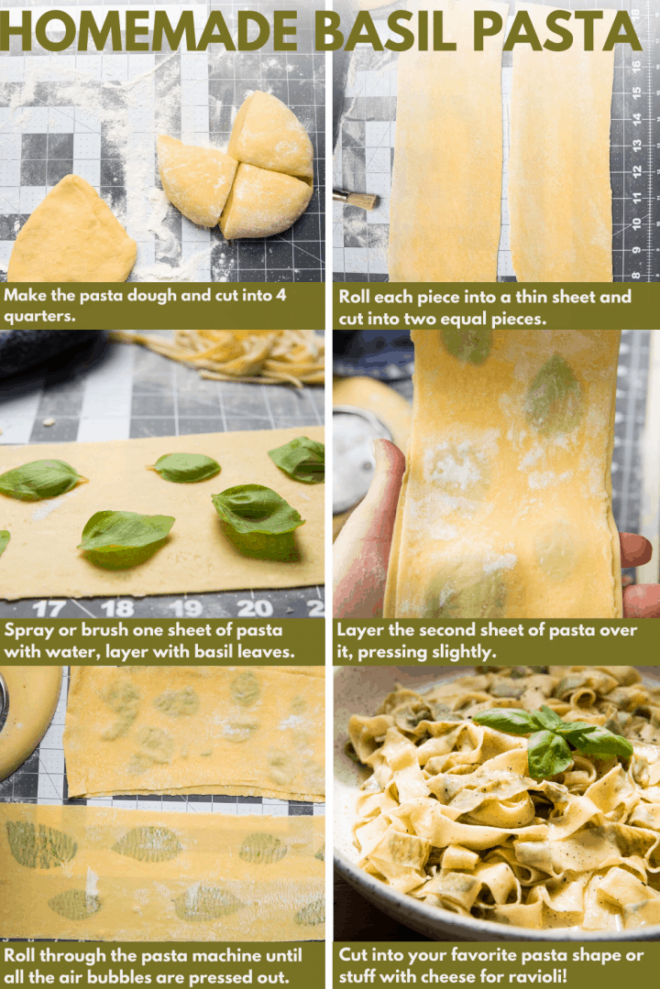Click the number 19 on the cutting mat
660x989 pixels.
point(186,608)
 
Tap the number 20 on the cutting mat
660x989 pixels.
point(254,608)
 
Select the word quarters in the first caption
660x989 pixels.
point(41,316)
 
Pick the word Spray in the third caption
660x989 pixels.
point(27,630)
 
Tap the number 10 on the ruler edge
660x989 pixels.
point(635,223)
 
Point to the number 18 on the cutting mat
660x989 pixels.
point(117,608)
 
